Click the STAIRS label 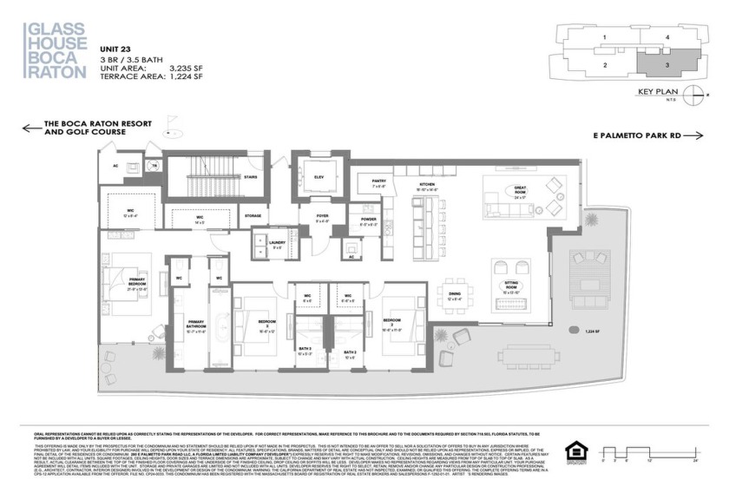tap(250, 176)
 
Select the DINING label tap(455, 294)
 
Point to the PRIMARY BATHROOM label tap(195, 325)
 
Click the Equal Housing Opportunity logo tap(575, 450)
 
